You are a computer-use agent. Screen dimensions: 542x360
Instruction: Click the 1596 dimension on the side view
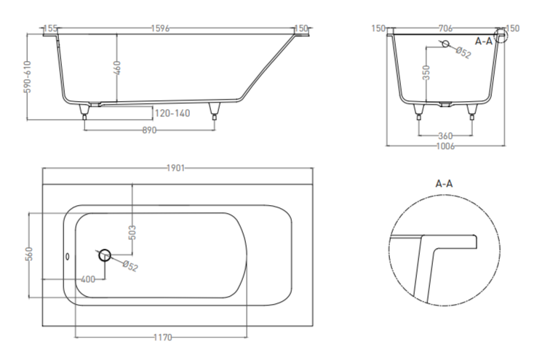click(160, 28)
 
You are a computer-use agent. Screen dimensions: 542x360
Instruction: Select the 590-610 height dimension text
click(28, 76)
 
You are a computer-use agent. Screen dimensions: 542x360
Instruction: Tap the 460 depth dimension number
click(117, 68)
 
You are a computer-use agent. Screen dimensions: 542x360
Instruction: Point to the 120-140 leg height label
click(172, 113)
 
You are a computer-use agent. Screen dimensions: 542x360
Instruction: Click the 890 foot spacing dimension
click(149, 130)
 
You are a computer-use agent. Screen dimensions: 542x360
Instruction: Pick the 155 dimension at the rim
click(51, 28)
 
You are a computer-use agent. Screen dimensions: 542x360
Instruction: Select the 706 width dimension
click(445, 28)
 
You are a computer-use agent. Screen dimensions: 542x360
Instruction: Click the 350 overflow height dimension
click(426, 73)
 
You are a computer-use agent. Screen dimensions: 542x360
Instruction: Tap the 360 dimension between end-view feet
click(445, 136)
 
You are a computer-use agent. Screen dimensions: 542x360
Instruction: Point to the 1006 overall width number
click(445, 146)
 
